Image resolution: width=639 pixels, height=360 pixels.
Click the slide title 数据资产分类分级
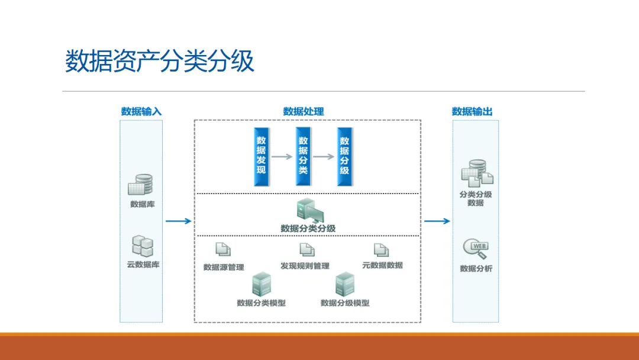click(x=159, y=61)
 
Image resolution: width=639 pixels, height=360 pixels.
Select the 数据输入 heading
click(x=141, y=111)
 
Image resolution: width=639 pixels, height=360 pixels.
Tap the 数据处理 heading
click(x=303, y=111)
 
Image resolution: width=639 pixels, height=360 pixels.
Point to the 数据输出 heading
click(x=472, y=111)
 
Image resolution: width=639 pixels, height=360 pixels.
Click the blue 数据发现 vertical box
click(x=262, y=157)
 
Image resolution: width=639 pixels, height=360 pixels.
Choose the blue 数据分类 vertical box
click(x=303, y=156)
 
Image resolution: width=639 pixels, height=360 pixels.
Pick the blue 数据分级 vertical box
click(x=344, y=157)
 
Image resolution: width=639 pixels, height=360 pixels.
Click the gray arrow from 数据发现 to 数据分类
click(x=282, y=156)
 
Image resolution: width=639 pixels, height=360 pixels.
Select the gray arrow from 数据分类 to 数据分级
click(x=324, y=156)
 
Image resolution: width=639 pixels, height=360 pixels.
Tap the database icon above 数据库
click(x=140, y=185)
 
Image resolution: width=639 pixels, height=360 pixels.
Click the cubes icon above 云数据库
click(x=143, y=246)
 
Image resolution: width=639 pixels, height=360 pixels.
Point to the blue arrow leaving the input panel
click(x=179, y=221)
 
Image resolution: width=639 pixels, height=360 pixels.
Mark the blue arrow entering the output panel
click(x=437, y=221)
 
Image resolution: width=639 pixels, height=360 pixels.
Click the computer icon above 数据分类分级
click(x=310, y=210)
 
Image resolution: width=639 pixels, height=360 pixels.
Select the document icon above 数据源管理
click(x=223, y=249)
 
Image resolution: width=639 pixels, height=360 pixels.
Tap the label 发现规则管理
click(x=305, y=266)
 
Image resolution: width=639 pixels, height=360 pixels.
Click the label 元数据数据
click(x=382, y=265)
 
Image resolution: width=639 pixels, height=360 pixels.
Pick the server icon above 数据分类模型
click(x=262, y=284)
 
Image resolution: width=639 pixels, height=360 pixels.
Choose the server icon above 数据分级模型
click(x=345, y=284)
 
